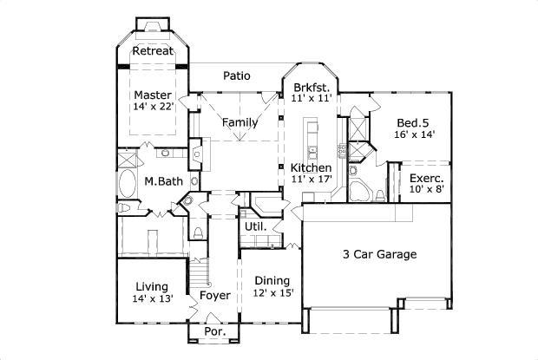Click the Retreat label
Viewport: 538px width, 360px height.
(x=154, y=50)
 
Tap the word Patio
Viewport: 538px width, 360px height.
(x=235, y=76)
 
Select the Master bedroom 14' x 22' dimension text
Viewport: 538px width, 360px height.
(x=154, y=107)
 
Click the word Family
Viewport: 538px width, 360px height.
(x=239, y=122)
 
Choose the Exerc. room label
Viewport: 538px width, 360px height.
(x=427, y=178)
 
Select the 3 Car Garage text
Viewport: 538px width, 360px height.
(x=379, y=254)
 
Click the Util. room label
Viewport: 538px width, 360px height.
(x=254, y=226)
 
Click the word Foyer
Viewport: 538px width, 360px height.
(x=214, y=296)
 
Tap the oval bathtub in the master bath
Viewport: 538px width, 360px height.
(x=128, y=185)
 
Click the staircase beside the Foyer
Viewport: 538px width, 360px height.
(x=200, y=275)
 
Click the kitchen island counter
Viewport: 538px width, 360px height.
(x=310, y=140)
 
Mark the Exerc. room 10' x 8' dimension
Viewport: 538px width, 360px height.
(x=427, y=188)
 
